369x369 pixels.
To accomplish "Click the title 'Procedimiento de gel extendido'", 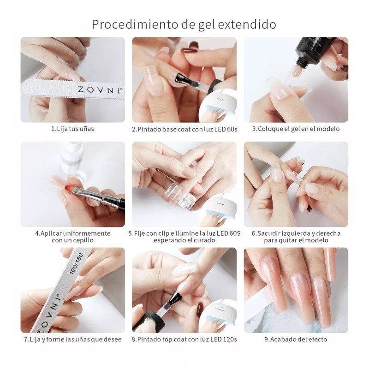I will tap(184, 24).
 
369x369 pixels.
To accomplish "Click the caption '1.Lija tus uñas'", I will tap(72, 129).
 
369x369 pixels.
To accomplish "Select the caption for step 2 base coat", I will tap(184, 129).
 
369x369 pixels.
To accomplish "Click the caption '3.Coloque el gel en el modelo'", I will tap(296, 129).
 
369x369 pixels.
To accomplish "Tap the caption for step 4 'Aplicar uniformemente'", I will tap(72, 237).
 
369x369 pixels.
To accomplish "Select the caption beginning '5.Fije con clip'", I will tap(184, 237).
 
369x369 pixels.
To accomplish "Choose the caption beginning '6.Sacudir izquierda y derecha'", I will tap(296, 237).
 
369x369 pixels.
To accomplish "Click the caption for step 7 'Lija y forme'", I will tap(72, 339).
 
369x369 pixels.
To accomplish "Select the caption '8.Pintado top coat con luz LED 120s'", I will tap(184, 339).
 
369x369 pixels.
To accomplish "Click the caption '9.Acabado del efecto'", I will tap(296, 339).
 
